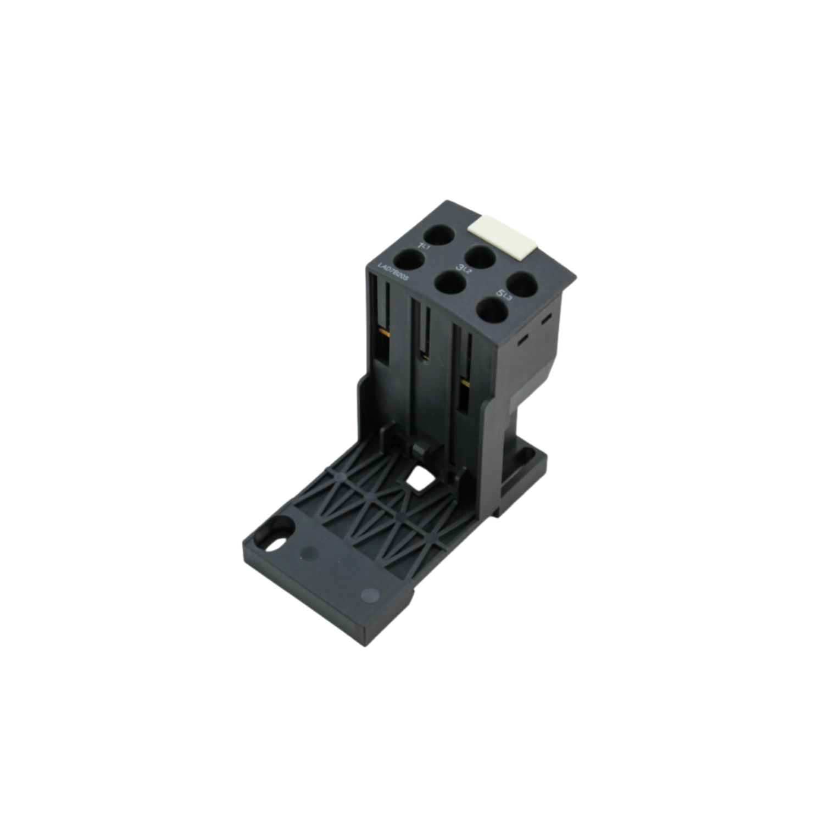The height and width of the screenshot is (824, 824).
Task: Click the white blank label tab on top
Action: [x=502, y=233]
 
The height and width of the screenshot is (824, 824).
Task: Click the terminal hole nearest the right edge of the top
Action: [x=520, y=284]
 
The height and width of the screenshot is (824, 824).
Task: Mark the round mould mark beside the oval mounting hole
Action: [x=309, y=553]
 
